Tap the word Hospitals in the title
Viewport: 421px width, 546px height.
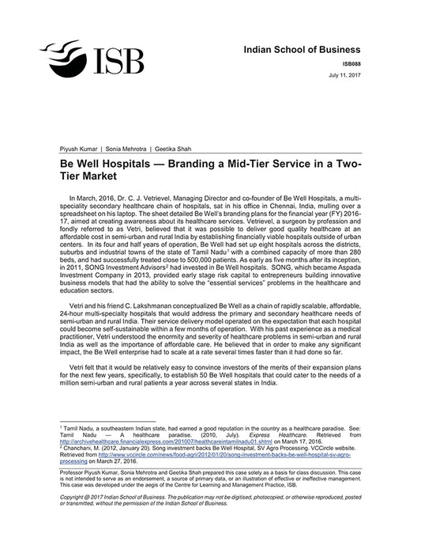click(x=139, y=161)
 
